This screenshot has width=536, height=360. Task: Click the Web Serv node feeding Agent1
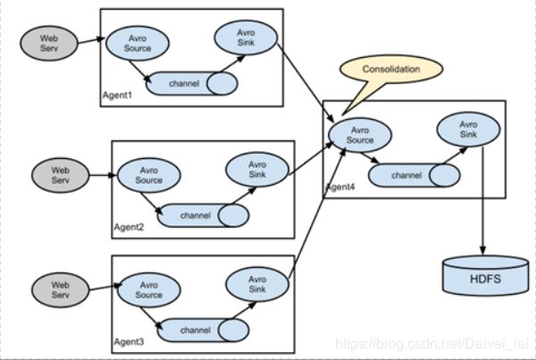point(49,44)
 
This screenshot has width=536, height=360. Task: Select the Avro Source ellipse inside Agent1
point(138,43)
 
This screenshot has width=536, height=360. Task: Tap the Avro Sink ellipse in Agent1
point(246,38)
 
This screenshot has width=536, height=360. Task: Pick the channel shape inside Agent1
point(191,83)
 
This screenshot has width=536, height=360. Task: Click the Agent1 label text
point(117,95)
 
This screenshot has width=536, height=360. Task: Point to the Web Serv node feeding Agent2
point(60,175)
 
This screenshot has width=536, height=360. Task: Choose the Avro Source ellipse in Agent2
point(148,175)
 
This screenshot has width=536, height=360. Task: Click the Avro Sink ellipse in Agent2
point(257,170)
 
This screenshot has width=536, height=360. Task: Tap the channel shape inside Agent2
point(203,215)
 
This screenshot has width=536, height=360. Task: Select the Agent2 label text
point(129,227)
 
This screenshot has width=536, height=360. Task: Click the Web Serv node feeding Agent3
point(60,290)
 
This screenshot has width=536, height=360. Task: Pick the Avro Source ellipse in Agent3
point(148,290)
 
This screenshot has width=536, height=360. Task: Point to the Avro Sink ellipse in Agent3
point(257,284)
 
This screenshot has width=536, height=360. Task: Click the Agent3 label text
point(129,342)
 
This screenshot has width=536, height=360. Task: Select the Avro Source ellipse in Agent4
point(360,135)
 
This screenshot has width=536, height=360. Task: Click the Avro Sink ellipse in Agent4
point(468,130)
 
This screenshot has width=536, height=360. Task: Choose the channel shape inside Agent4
point(414,175)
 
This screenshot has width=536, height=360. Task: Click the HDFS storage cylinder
point(485,276)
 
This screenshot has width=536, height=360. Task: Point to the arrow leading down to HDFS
point(482,201)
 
